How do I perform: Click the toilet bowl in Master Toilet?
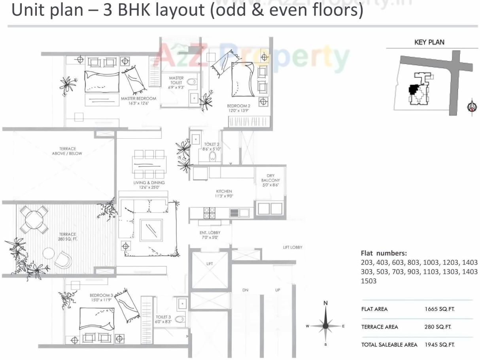(x=191, y=82)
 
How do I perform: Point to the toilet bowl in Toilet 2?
(x=212, y=156)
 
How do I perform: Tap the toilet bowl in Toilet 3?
(x=180, y=319)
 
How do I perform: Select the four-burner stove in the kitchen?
(x=209, y=213)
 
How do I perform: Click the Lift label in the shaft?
(x=210, y=263)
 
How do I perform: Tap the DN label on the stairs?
(x=245, y=290)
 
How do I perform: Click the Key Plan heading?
(x=429, y=42)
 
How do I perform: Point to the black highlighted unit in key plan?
(x=413, y=90)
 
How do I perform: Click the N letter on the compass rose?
(x=325, y=303)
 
